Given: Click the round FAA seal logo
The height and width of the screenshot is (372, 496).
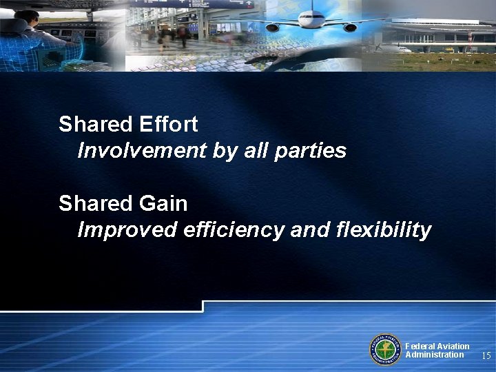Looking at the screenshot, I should (x=385, y=349).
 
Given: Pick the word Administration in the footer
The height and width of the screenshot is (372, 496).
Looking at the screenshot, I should (x=435, y=355).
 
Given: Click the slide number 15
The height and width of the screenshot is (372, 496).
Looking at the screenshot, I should (x=486, y=356).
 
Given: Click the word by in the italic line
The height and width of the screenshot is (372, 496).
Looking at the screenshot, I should (x=225, y=151).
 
